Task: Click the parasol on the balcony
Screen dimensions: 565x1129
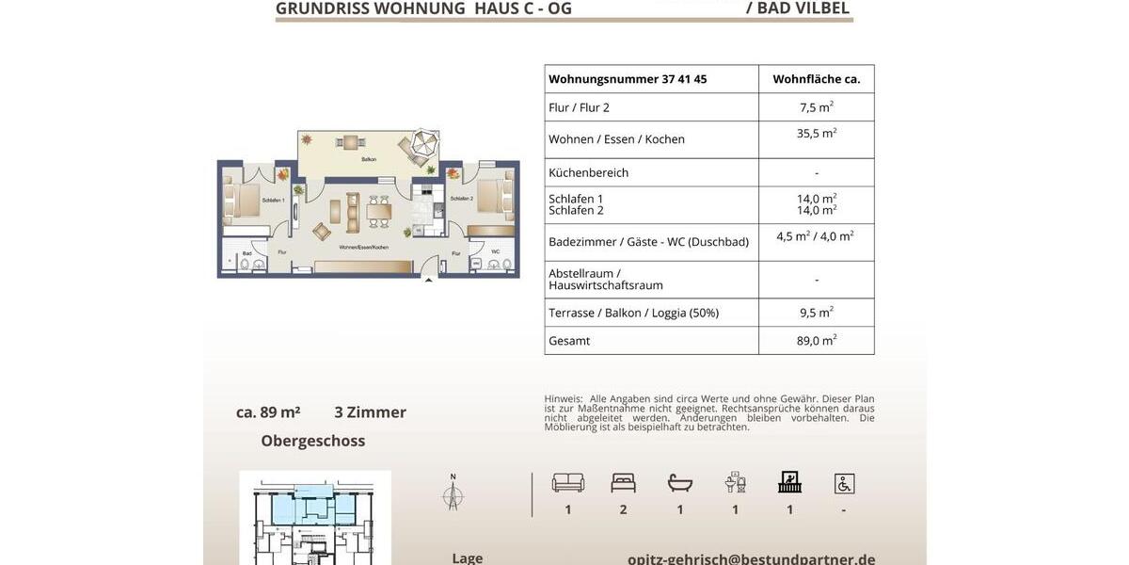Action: coord(420,145)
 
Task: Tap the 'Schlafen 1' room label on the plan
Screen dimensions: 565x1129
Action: coord(274,201)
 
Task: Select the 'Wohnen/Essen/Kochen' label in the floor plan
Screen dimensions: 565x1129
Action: coord(364,247)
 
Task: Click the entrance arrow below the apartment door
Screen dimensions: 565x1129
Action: coord(429,280)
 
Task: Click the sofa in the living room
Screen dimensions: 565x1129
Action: coord(353,212)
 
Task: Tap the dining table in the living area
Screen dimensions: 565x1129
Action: coord(379,213)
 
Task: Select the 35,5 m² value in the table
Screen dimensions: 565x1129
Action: coord(816,134)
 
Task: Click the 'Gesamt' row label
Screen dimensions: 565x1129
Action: coord(569,341)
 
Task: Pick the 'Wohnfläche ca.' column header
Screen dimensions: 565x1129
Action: coord(816,79)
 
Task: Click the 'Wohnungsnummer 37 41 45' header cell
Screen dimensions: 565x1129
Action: coord(628,79)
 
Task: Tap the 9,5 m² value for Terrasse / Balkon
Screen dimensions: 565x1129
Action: coord(816,313)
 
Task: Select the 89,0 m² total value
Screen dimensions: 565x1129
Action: coord(816,341)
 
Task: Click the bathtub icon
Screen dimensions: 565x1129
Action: coord(680,483)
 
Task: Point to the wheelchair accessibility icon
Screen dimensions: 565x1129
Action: coord(844,483)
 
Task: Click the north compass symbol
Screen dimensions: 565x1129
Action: coord(453,492)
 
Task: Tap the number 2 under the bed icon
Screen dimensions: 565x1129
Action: coord(623,509)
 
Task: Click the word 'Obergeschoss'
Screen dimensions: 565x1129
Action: coord(313,441)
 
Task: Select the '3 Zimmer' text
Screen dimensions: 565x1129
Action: coord(371,412)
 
